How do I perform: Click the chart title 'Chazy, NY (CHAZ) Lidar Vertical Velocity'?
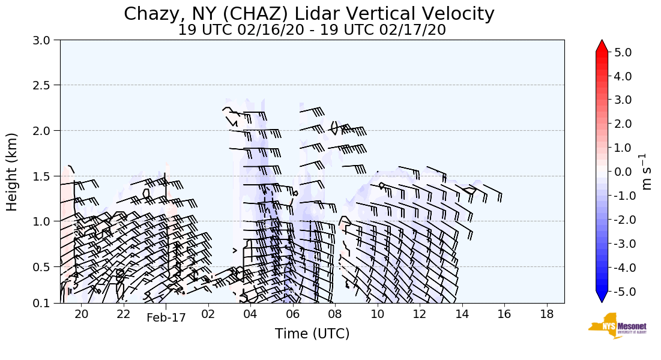coord(309,13)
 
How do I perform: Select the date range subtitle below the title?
coord(312,30)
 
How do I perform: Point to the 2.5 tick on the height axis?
coord(46,85)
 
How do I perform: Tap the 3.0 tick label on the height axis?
coord(46,40)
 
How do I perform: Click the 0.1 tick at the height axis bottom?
coord(46,303)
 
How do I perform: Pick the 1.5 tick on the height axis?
coord(46,176)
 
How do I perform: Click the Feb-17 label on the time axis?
coord(166,317)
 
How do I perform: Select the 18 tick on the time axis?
coord(546,314)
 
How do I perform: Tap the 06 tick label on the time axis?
coord(292,314)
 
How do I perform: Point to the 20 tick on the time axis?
coord(82,314)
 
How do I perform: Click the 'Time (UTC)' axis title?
coord(312,334)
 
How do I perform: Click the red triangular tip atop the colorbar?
coord(602,46)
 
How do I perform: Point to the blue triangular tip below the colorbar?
coord(602,297)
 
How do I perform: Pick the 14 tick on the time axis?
coord(462,314)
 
